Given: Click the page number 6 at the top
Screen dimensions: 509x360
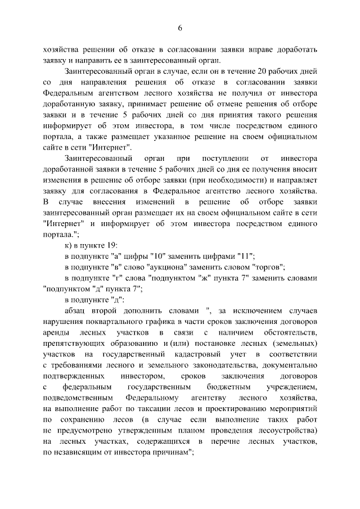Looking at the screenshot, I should point(180,28).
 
